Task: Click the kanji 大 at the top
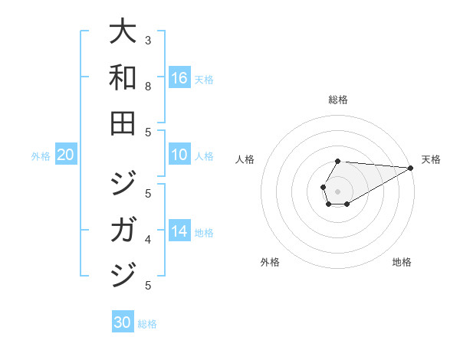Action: pos(123,34)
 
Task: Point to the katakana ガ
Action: pos(123,228)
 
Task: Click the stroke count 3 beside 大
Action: pos(148,40)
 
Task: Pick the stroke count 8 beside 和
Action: pos(148,87)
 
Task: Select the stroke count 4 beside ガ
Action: pos(148,240)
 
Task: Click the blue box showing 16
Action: pos(179,78)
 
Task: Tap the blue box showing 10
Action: pos(179,155)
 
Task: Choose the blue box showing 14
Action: pos(179,231)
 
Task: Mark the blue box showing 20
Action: pos(65,155)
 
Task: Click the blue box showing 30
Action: pos(122,322)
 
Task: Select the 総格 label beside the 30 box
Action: pos(147,324)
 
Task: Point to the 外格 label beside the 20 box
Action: pos(41,156)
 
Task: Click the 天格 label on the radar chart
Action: pos(431,159)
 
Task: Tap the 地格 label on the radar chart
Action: pos(402,262)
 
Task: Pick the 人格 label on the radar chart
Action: pos(245,159)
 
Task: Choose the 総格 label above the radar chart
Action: pos(338,100)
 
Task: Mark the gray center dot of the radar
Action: pos(337,191)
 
